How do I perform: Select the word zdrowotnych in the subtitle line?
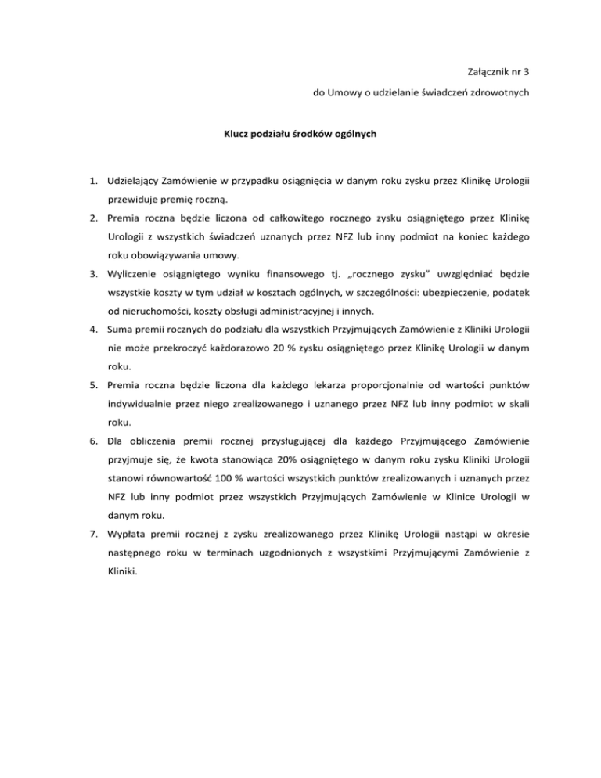point(501,93)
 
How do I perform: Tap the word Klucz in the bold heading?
point(238,134)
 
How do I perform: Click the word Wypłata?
point(128,538)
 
